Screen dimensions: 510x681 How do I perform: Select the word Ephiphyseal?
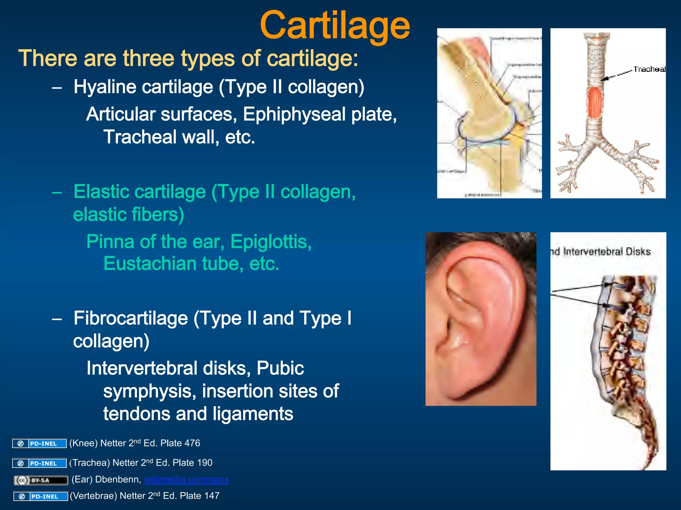294,114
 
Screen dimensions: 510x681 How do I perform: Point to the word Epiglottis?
271,241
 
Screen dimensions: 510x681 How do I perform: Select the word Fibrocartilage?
131,318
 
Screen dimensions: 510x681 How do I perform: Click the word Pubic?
280,368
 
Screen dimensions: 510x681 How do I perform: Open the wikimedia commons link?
186,479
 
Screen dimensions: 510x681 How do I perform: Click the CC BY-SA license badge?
41,480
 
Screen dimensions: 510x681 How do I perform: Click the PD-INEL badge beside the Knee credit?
39,444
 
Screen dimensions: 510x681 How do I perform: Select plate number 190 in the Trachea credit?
204,463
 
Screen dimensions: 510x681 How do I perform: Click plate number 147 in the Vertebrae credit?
211,496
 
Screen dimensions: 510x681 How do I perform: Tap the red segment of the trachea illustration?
595,102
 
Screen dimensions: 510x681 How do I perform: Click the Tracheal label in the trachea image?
649,69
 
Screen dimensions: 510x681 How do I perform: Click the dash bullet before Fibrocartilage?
57,319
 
